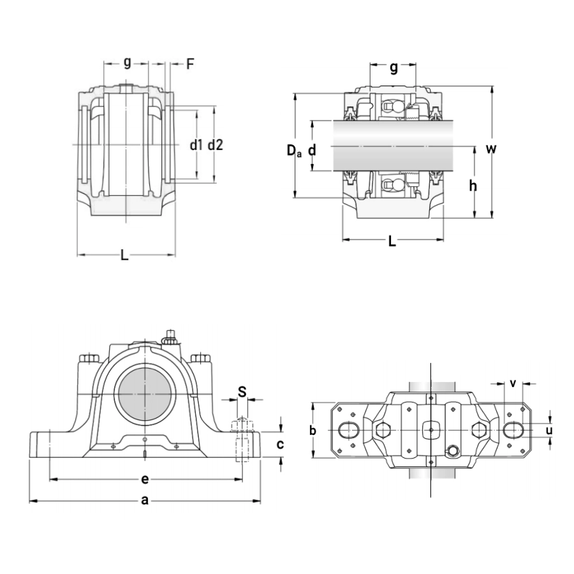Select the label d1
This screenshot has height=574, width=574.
[196, 145]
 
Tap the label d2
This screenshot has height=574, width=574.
[216, 145]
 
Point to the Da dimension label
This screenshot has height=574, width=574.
[293, 151]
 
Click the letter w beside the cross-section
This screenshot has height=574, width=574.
[491, 149]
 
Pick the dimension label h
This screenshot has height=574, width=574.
[473, 186]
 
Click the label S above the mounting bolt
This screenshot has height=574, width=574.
[242, 392]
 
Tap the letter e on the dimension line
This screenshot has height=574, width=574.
[145, 478]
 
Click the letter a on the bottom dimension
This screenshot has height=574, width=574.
[145, 501]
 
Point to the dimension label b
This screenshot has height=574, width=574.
[313, 430]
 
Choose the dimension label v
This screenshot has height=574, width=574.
[513, 383]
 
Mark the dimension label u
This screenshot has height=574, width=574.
[549, 430]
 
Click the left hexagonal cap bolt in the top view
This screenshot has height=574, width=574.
[382, 430]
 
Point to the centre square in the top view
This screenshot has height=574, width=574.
[431, 430]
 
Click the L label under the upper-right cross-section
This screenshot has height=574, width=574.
[392, 241]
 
